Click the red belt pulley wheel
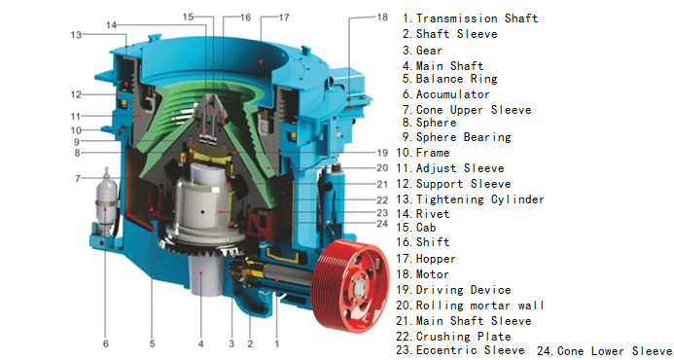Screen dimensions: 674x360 pos(350,286)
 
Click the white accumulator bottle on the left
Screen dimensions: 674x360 pos(106,201)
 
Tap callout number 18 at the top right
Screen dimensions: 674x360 pos(382,18)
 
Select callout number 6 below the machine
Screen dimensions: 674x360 pos(106,343)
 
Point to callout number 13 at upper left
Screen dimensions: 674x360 pos(76,35)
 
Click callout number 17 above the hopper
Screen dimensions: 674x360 pos(284,18)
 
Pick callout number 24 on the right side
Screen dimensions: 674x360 pos(382,224)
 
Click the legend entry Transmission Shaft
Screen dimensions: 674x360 pos(471,18)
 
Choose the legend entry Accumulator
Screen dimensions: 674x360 pos(445,94)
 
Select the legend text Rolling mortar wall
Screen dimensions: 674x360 pos(470,306)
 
